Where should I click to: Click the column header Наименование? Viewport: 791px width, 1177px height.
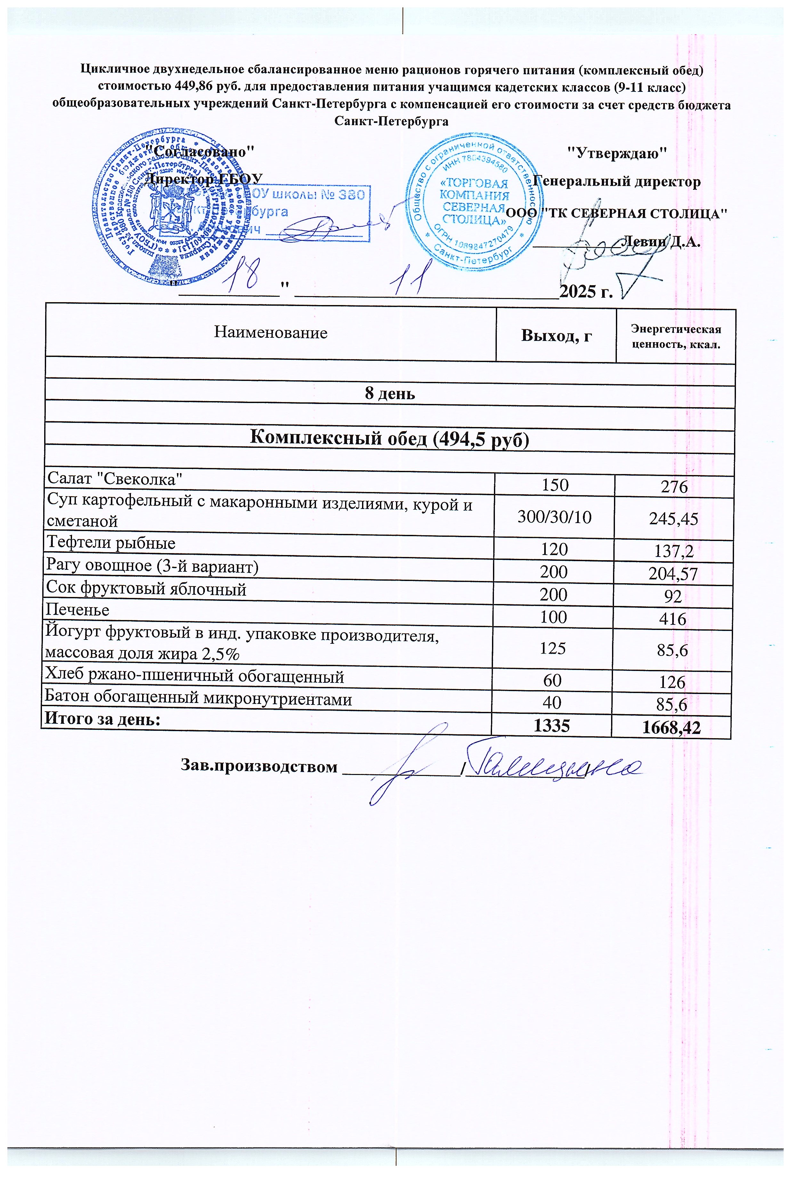[x=271, y=332]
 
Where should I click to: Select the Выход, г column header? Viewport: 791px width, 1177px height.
[x=556, y=335]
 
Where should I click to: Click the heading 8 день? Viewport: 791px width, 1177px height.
[x=390, y=393]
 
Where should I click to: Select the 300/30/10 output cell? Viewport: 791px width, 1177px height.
[x=554, y=517]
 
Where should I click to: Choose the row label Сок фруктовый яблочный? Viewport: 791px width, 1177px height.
[x=146, y=588]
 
